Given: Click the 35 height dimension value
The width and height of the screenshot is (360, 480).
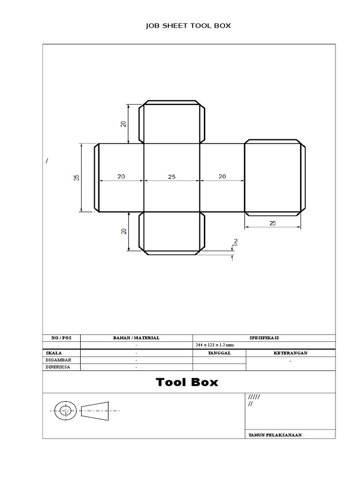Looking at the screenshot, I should click(x=75, y=178).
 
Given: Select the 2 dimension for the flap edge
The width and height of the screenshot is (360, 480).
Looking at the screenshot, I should click(x=235, y=242).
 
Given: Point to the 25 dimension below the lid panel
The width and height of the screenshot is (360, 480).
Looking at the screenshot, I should click(x=273, y=224).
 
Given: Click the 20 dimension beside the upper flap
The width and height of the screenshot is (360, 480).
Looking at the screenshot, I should click(x=123, y=124).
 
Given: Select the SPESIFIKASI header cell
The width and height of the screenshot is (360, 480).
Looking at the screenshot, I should click(x=264, y=337).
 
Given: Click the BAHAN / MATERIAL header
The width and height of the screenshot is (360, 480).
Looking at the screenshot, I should click(x=136, y=337).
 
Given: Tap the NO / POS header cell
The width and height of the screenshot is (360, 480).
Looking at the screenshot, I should click(x=61, y=337).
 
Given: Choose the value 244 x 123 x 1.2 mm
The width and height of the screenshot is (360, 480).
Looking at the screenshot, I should click(x=214, y=345).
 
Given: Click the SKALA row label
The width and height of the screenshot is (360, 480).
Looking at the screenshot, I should click(x=54, y=352).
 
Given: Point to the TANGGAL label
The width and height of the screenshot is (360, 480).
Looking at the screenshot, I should click(x=219, y=352).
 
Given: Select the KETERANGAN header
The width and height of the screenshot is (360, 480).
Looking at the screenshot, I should click(x=291, y=352).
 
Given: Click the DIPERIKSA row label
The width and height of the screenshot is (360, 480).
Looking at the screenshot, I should click(x=59, y=367).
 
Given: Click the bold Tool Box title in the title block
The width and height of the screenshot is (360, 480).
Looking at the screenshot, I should click(x=187, y=382).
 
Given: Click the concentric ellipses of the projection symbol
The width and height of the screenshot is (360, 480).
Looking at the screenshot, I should click(x=66, y=411).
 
